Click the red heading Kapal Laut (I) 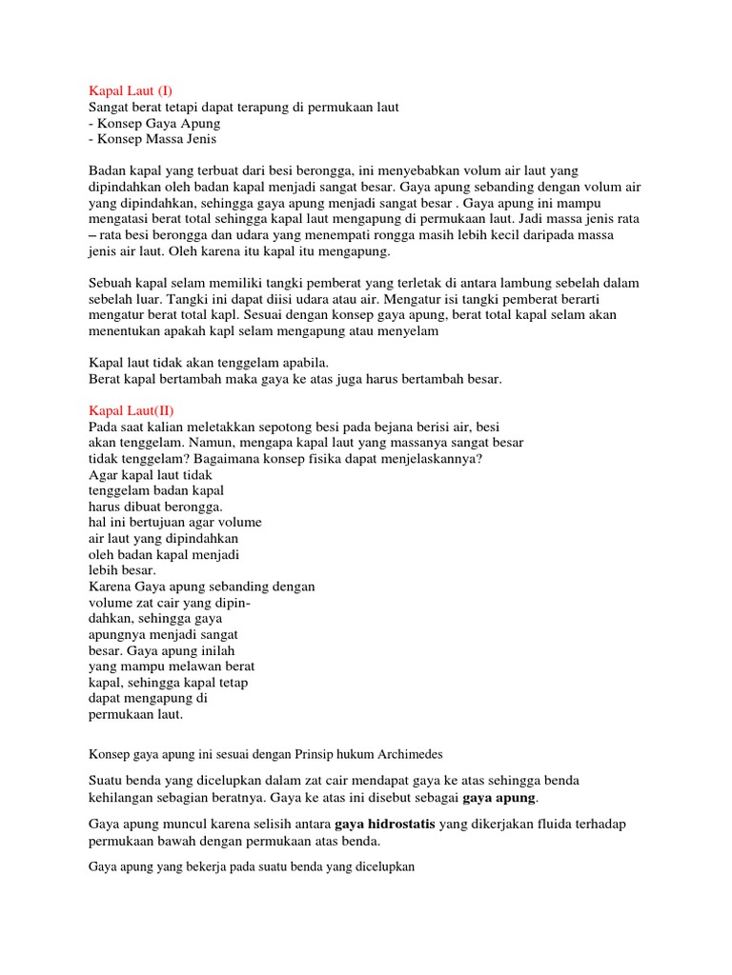tap(131, 90)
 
